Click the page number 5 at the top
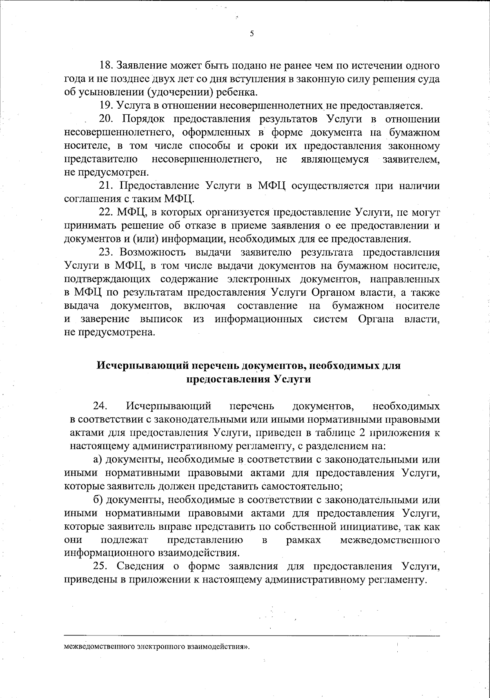pos(252,34)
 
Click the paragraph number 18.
pos(107,66)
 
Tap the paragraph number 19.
pos(107,106)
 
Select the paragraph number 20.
pos(107,119)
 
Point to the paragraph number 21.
pos(107,186)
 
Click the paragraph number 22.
pos(107,212)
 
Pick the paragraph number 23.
pos(107,252)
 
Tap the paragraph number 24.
pos(100,406)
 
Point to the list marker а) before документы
pos(98,459)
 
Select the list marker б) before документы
pos(98,500)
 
